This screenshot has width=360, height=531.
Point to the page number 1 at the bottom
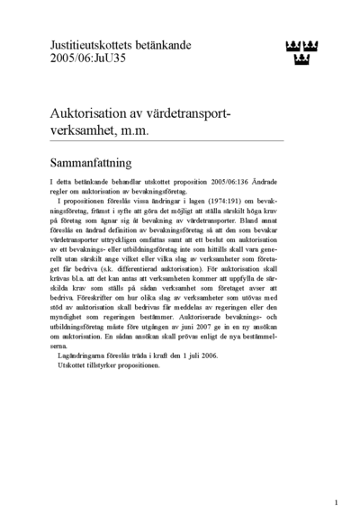(x=336, y=502)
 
